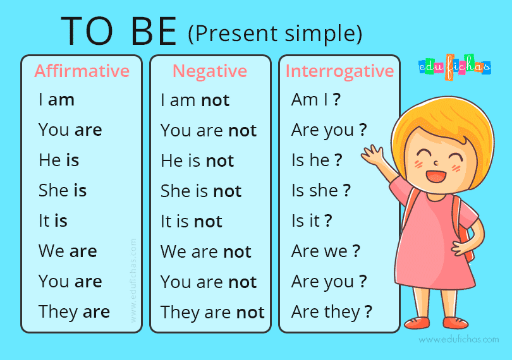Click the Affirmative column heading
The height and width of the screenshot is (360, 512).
(82, 71)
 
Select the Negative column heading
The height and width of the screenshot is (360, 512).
(209, 71)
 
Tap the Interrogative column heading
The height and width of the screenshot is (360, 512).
(339, 71)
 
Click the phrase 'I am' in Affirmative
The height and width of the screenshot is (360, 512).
(56, 100)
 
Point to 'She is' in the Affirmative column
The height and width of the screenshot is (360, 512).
(63, 191)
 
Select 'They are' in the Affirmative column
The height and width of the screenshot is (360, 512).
(74, 312)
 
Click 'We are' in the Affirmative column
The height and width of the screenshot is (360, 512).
(68, 251)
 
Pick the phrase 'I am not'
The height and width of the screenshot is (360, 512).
(195, 100)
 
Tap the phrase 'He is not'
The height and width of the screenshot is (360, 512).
(197, 161)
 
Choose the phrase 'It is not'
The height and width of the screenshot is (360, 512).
(191, 222)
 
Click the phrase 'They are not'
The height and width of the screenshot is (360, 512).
(212, 313)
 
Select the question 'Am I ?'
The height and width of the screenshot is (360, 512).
(316, 100)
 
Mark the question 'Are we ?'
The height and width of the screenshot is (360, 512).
(326, 251)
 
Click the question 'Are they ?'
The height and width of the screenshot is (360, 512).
(332, 312)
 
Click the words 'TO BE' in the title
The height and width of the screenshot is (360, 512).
(119, 32)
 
